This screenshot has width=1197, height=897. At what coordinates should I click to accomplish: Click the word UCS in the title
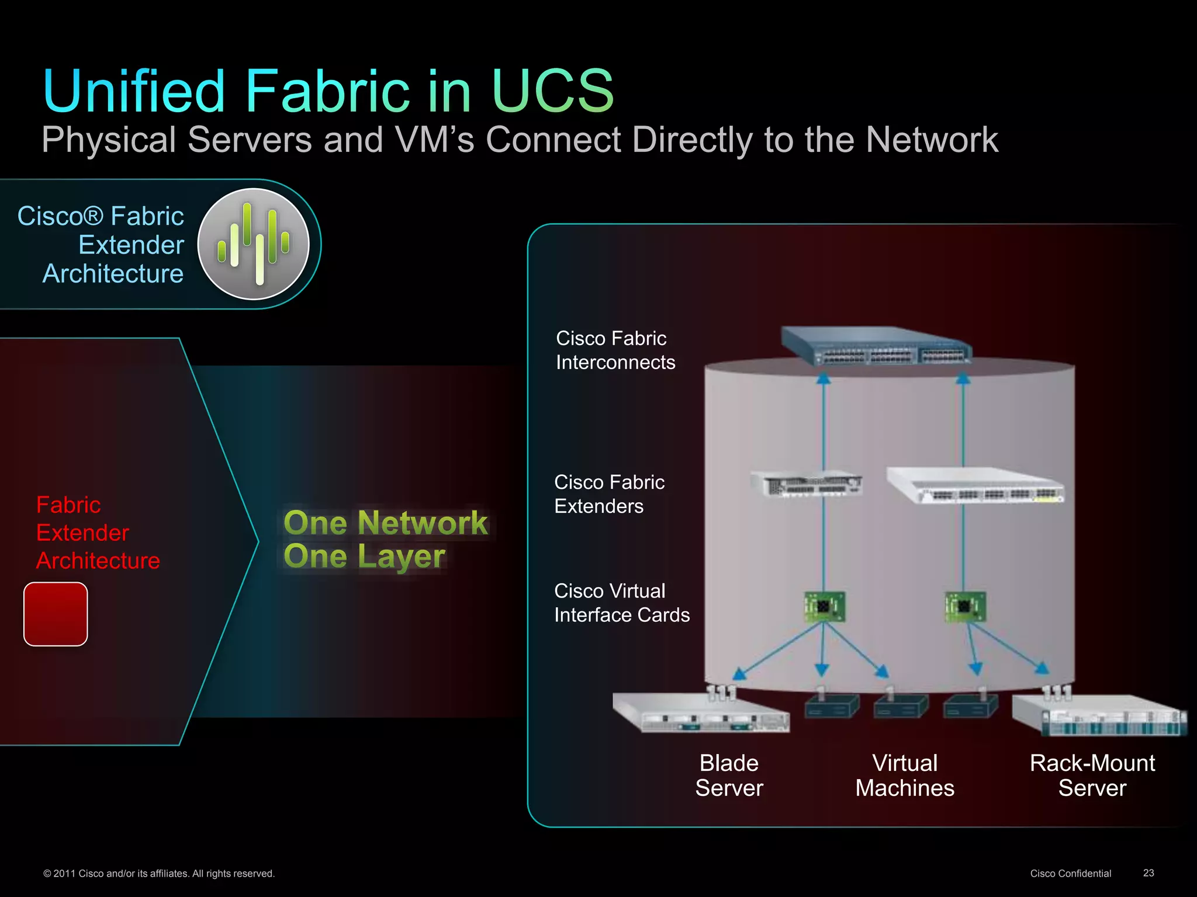tap(552, 91)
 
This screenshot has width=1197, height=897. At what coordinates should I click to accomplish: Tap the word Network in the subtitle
tap(932, 140)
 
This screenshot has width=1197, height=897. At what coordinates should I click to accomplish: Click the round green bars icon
tap(254, 244)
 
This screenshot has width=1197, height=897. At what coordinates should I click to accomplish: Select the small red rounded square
tap(56, 614)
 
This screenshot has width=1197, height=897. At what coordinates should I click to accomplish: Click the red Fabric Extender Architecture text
tap(98, 533)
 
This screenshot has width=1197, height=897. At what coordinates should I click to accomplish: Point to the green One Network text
tap(385, 522)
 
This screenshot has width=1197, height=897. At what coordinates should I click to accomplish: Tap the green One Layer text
tap(364, 556)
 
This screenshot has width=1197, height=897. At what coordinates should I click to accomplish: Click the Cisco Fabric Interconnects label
tap(615, 350)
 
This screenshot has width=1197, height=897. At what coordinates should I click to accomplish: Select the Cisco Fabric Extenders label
tap(609, 494)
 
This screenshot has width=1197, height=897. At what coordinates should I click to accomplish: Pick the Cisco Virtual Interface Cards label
tap(621, 603)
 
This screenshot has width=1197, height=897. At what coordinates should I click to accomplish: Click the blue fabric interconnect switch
tap(877, 346)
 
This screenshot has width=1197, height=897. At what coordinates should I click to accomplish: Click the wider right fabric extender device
tap(975, 484)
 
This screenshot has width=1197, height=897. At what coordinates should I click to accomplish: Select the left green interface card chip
tap(824, 607)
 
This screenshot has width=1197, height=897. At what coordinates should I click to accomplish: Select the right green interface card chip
tap(965, 607)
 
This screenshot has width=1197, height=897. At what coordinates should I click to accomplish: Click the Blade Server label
tap(729, 776)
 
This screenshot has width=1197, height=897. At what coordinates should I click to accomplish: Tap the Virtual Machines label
tap(905, 776)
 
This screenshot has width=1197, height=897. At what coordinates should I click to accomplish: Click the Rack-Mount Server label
tap(1092, 776)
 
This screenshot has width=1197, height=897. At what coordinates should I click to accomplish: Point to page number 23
tap(1148, 873)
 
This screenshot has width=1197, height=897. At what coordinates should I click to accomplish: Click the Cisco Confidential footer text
tap(1070, 874)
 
